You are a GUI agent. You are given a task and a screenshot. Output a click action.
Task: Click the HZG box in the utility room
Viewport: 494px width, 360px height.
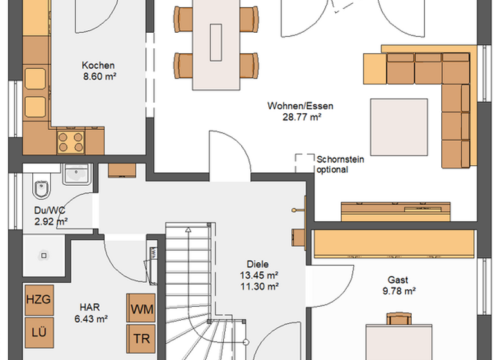39,300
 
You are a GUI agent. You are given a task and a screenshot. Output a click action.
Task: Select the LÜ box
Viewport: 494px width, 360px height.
39,332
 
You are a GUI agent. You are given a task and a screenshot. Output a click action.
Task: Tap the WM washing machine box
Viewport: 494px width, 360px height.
142,309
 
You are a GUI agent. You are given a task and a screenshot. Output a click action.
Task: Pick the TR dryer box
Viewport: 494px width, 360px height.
142,339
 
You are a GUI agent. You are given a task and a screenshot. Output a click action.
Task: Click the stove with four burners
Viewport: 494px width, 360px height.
71,141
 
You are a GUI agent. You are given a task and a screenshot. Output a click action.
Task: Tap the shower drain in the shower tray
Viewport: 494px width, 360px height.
44,255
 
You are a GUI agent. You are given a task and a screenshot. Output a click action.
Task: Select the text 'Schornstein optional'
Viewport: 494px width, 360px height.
332,165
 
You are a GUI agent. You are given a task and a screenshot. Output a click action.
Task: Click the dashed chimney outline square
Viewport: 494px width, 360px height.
304,162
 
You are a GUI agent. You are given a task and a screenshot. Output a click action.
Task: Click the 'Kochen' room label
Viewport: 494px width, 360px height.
98,65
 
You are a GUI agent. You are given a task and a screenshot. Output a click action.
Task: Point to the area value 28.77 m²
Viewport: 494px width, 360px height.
301,117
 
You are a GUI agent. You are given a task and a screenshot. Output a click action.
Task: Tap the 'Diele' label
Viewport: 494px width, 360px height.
257,264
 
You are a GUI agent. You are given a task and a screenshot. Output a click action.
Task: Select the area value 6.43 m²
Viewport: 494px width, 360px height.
91,318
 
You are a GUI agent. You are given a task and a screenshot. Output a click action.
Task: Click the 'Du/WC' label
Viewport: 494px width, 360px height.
50,210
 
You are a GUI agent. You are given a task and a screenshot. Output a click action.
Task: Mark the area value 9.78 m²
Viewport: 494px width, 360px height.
397,291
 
